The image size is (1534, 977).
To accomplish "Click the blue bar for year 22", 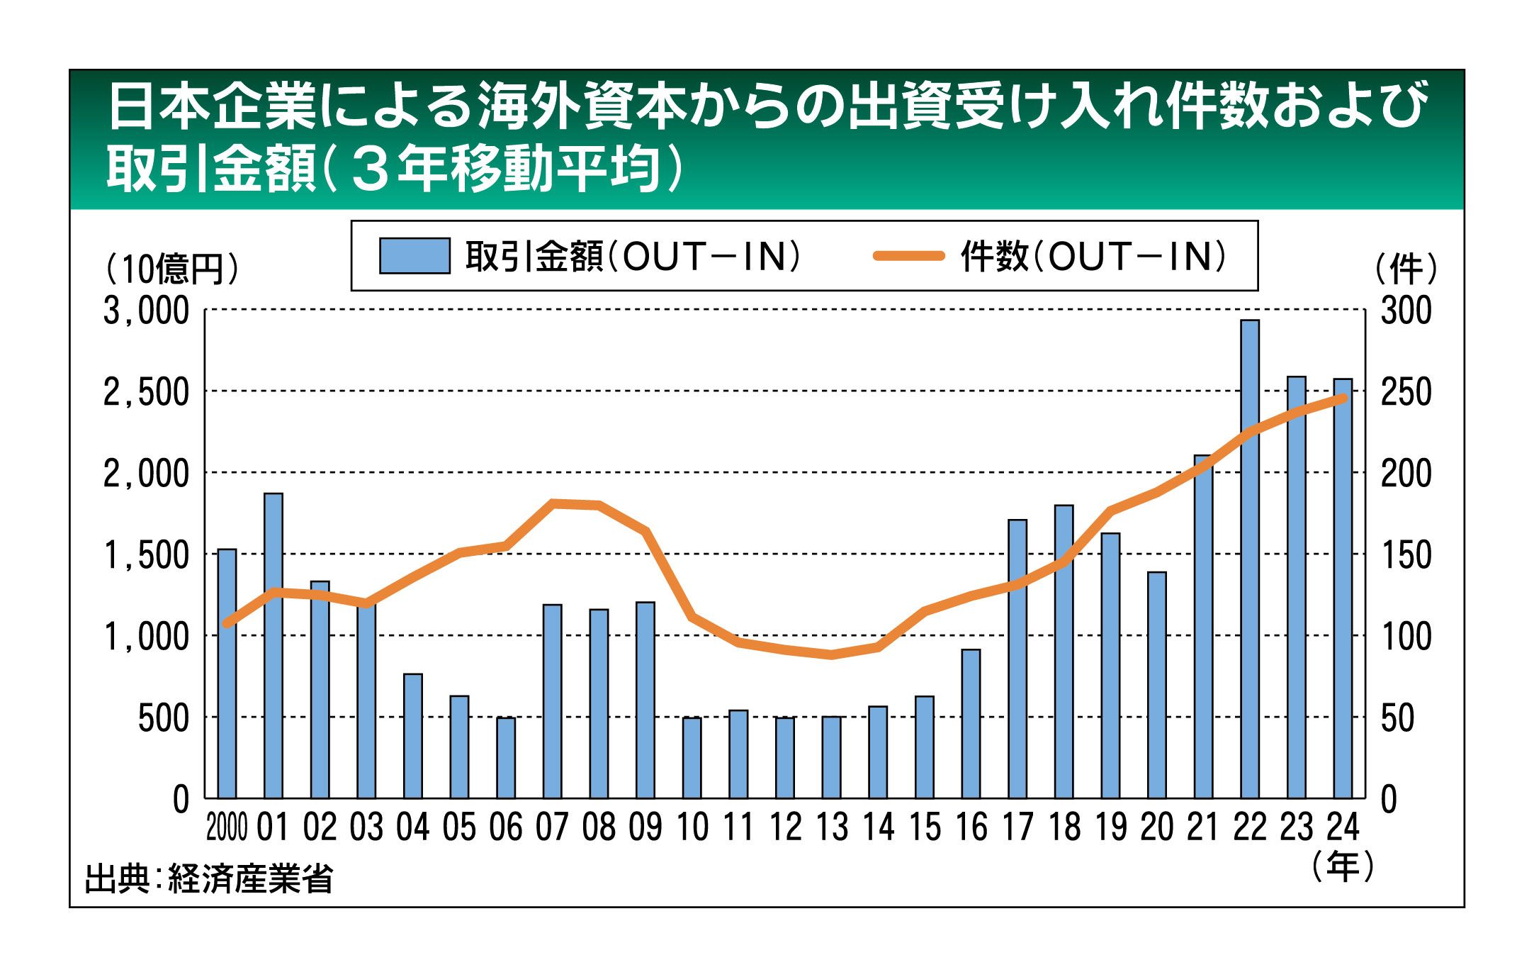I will (1250, 560).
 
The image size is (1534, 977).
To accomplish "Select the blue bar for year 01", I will (273, 645).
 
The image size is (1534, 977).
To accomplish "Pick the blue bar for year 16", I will (971, 723).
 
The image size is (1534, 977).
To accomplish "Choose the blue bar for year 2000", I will (227, 674).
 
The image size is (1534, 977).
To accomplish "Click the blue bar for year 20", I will (1157, 685).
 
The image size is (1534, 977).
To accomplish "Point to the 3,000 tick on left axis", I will (146, 311).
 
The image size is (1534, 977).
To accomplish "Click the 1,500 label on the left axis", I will (146, 555).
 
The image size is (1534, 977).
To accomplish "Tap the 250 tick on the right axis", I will (1406, 392).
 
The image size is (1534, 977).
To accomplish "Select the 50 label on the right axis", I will (1397, 718).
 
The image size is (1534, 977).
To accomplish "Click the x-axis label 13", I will (832, 827).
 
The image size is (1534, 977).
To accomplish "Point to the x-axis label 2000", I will (227, 827).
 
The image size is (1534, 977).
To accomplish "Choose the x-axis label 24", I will (1343, 827).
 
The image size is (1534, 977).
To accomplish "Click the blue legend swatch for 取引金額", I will (414, 256).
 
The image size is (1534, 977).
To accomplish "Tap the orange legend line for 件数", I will (909, 256).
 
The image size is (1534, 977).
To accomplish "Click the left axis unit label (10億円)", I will (172, 269).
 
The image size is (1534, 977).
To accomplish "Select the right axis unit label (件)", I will (1406, 269).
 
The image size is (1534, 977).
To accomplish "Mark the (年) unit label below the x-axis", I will (1343, 866).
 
